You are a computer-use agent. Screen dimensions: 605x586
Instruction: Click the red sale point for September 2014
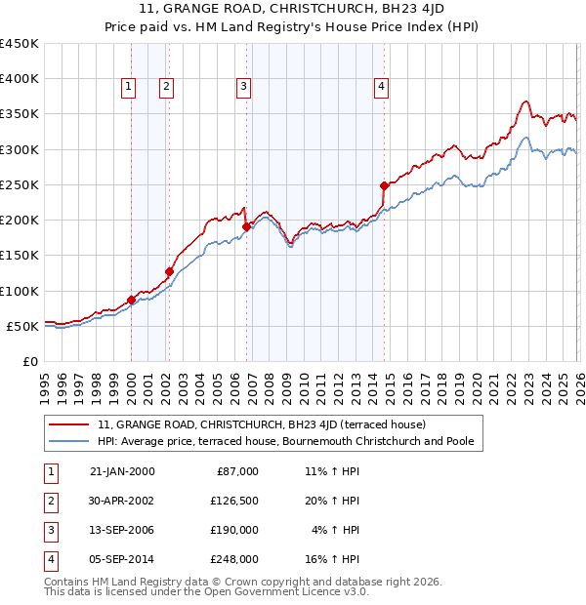click(384, 185)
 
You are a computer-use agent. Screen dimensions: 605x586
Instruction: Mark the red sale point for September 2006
click(246, 226)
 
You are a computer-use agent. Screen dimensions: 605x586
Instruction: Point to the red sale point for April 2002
click(170, 271)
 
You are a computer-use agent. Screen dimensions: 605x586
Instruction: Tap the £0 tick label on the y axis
click(29, 361)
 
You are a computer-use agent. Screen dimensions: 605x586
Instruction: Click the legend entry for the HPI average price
click(285, 441)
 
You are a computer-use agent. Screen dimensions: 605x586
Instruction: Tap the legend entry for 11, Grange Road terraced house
click(261, 424)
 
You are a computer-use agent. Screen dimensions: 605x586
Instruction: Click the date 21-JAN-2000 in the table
click(122, 471)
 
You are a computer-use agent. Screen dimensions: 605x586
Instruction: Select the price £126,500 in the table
click(234, 502)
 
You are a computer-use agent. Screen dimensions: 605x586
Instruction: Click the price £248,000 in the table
click(234, 560)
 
